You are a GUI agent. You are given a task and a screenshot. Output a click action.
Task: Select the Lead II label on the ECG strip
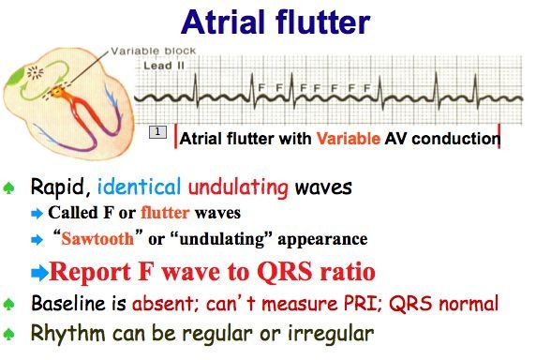coord(157,67)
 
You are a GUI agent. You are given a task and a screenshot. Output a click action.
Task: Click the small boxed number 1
coord(158,133)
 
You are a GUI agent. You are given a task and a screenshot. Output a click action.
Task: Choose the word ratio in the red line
coord(342,273)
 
